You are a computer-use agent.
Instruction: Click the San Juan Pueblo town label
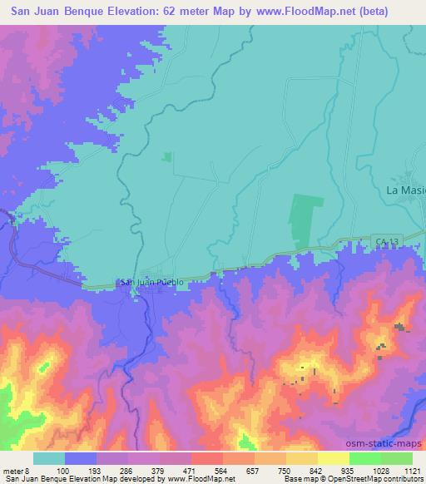click(152, 282)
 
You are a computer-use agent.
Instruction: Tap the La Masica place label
click(406, 190)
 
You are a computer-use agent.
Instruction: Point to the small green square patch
click(166, 156)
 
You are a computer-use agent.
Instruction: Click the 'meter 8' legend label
click(16, 471)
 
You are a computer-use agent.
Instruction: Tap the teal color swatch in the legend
click(48, 458)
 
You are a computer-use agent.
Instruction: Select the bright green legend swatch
click(365, 458)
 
